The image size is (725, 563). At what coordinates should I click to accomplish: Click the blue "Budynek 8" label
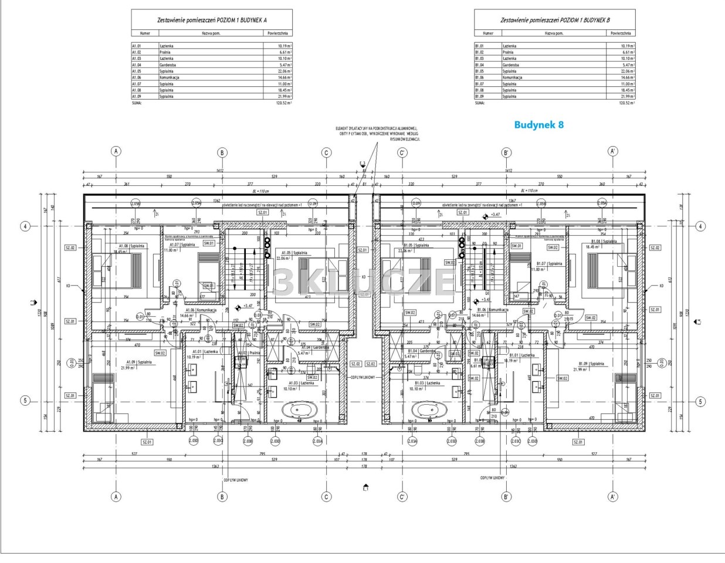pos(538,125)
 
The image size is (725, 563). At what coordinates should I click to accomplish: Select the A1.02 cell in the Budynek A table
pos(137,52)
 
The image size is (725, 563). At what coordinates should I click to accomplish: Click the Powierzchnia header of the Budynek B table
pos(621,33)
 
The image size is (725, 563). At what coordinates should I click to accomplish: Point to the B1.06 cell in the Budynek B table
pos(479,77)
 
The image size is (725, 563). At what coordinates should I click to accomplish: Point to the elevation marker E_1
pos(365,487)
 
